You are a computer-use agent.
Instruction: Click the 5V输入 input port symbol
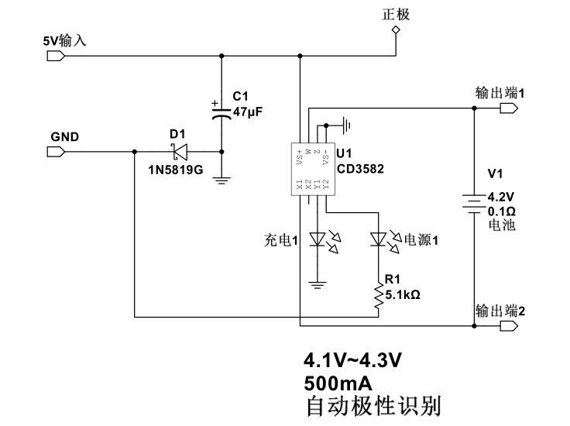point(54,56)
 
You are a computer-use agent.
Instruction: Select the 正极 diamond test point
point(396,30)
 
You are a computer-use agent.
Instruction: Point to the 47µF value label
point(248,112)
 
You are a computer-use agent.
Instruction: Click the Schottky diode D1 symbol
point(179,151)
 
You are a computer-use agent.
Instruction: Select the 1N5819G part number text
point(175,168)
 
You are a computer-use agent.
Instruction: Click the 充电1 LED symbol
point(316,241)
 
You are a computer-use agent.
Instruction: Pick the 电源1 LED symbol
point(378,240)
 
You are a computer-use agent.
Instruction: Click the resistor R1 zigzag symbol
point(378,297)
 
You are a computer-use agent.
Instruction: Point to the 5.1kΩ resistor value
point(403,294)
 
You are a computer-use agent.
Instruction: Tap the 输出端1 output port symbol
point(507,108)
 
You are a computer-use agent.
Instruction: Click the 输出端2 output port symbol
point(507,327)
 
